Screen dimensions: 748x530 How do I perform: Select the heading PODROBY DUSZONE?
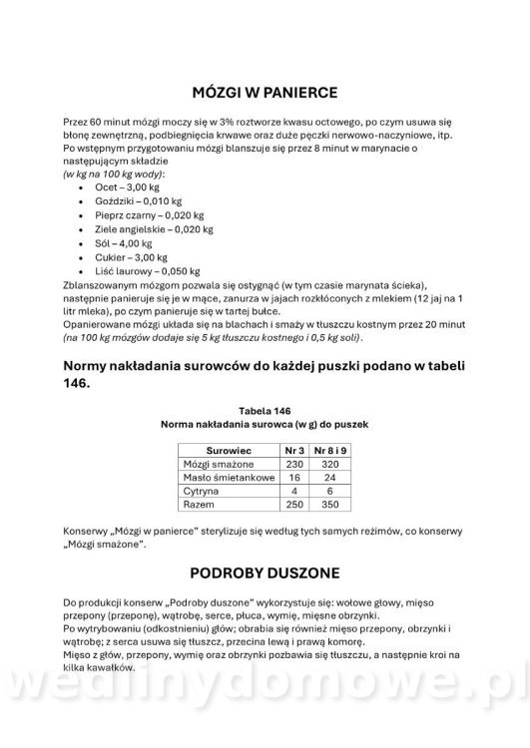point(265,573)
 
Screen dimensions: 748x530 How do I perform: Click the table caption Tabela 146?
point(265,410)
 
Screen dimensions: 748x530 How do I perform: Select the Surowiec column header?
point(228,451)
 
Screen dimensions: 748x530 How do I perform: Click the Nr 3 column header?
point(293,451)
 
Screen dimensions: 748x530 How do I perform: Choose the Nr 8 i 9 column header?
point(330,451)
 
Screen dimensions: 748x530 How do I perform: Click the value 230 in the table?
point(293,465)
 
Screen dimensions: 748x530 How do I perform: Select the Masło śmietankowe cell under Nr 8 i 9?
point(330,479)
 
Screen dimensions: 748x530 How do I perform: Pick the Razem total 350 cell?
point(330,507)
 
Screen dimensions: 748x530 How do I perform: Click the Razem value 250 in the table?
point(293,507)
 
